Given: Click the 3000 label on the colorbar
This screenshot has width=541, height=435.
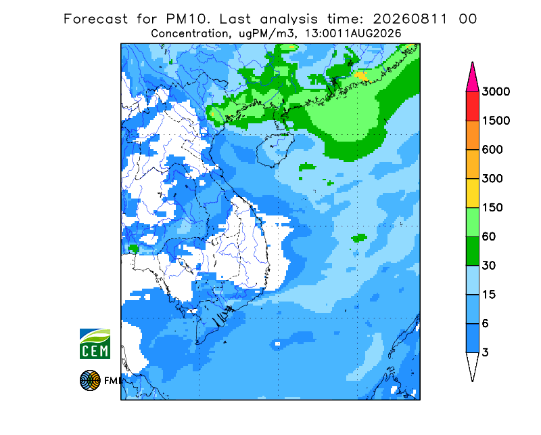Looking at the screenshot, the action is [496, 91].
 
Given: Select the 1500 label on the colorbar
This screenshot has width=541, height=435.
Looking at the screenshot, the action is [496, 121].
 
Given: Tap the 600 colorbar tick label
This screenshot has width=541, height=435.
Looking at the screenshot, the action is [492, 150].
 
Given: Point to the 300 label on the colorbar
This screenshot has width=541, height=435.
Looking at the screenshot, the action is [492, 179].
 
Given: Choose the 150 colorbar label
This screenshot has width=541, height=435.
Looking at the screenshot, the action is [492, 208].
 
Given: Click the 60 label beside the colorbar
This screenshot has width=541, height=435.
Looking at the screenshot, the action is [489, 237].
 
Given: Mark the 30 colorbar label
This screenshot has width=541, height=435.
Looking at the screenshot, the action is [489, 266].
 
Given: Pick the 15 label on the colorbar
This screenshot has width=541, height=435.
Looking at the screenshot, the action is [489, 295].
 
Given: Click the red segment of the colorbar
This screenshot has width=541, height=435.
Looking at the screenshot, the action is [472, 106].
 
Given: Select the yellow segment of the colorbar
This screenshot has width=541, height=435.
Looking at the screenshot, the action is [472, 193].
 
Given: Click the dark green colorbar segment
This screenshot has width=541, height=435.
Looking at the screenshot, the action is [472, 251].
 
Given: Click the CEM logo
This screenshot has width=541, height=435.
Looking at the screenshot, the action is [95, 344].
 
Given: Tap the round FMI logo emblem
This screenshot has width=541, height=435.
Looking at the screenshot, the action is [90, 380].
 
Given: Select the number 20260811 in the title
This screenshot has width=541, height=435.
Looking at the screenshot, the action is [410, 19].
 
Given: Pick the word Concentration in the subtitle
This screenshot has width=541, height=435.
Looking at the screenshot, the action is [190, 34].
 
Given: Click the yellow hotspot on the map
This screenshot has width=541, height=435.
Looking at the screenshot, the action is [361, 76].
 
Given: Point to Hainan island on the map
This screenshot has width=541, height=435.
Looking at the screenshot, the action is [275, 149].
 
